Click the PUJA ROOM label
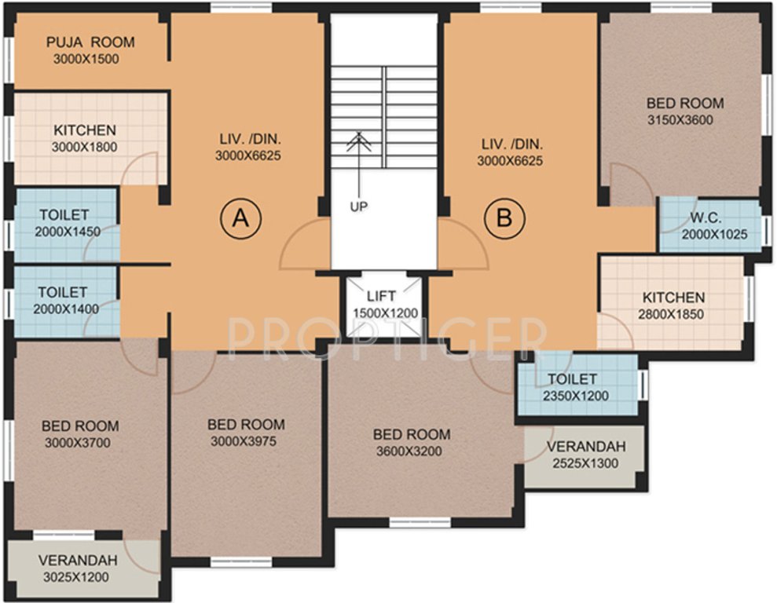tap(90, 42)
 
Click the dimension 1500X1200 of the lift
tap(385, 313)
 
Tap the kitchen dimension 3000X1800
tap(84, 147)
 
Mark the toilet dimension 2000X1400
tap(66, 309)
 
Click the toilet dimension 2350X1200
tap(576, 397)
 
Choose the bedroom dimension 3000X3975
tap(246, 441)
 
